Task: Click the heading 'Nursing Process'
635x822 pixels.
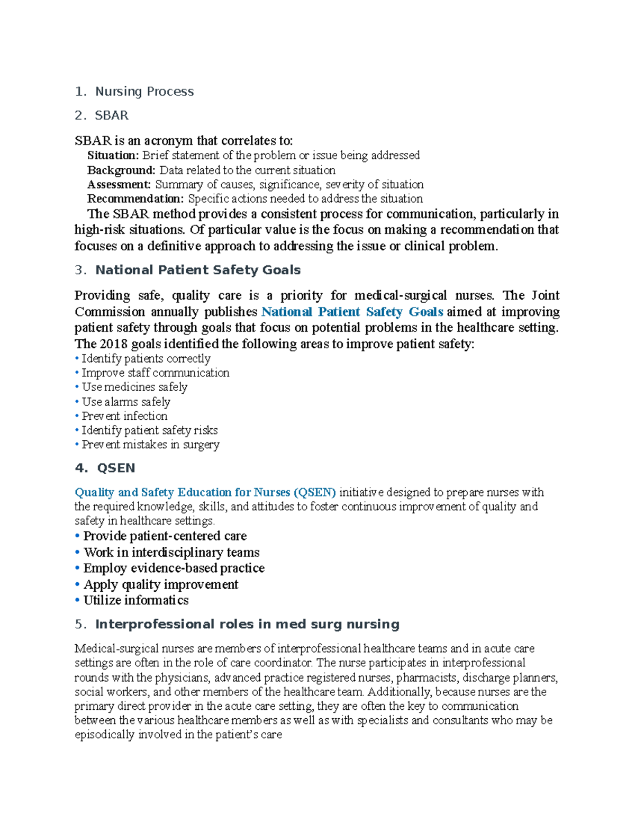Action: [x=144, y=92]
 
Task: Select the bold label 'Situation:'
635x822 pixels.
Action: [x=113, y=156]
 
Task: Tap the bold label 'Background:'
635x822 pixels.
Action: [x=121, y=170]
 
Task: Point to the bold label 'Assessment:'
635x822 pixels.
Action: [x=119, y=185]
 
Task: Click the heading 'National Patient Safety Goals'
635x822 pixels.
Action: [x=197, y=270]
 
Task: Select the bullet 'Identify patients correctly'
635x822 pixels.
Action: [x=146, y=359]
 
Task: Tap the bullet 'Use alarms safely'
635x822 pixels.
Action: [x=126, y=402]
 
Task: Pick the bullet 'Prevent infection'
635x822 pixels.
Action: [x=124, y=416]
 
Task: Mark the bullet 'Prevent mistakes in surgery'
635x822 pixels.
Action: [x=150, y=445]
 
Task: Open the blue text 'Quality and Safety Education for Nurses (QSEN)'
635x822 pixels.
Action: [x=205, y=492]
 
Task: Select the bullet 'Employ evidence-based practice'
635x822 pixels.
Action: [x=174, y=568]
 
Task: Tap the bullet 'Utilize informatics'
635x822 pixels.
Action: [x=135, y=600]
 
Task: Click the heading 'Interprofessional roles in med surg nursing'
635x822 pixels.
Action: [x=247, y=624]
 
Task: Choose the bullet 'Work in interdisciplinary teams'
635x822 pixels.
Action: [x=171, y=552]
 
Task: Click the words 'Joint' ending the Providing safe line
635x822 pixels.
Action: [x=545, y=295]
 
